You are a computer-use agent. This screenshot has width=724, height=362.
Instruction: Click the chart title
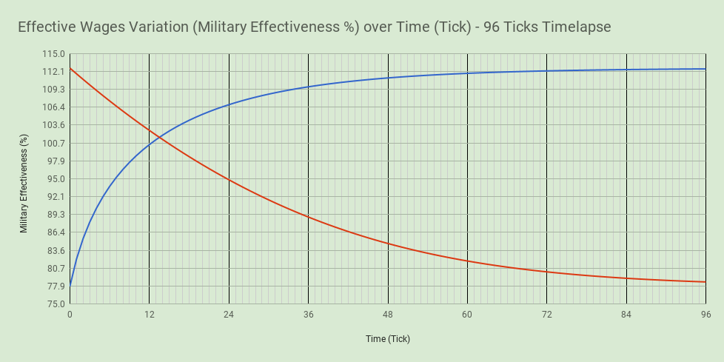(315, 27)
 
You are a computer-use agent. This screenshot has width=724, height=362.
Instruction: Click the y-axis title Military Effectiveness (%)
(24, 184)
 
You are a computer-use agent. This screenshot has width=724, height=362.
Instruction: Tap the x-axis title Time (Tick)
(387, 339)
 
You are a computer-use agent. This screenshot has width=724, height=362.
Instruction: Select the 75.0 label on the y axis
(56, 304)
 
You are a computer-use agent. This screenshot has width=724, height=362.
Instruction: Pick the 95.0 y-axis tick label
(56, 178)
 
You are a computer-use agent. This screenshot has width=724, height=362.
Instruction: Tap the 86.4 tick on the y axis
(56, 232)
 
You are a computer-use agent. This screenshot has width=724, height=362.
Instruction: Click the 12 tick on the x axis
(149, 315)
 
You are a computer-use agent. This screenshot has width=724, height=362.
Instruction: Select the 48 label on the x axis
(387, 315)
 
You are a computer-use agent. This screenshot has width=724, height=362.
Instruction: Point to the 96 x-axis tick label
(705, 315)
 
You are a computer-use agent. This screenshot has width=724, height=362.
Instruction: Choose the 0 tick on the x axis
(70, 315)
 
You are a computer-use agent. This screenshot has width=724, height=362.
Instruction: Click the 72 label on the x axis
(546, 315)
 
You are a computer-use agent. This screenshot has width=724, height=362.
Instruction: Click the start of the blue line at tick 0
(70, 285)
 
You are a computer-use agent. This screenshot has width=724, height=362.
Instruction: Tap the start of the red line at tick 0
(70, 68)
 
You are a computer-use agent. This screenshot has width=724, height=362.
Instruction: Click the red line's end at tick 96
(705, 282)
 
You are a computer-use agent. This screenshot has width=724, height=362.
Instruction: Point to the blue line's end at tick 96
(705, 69)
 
